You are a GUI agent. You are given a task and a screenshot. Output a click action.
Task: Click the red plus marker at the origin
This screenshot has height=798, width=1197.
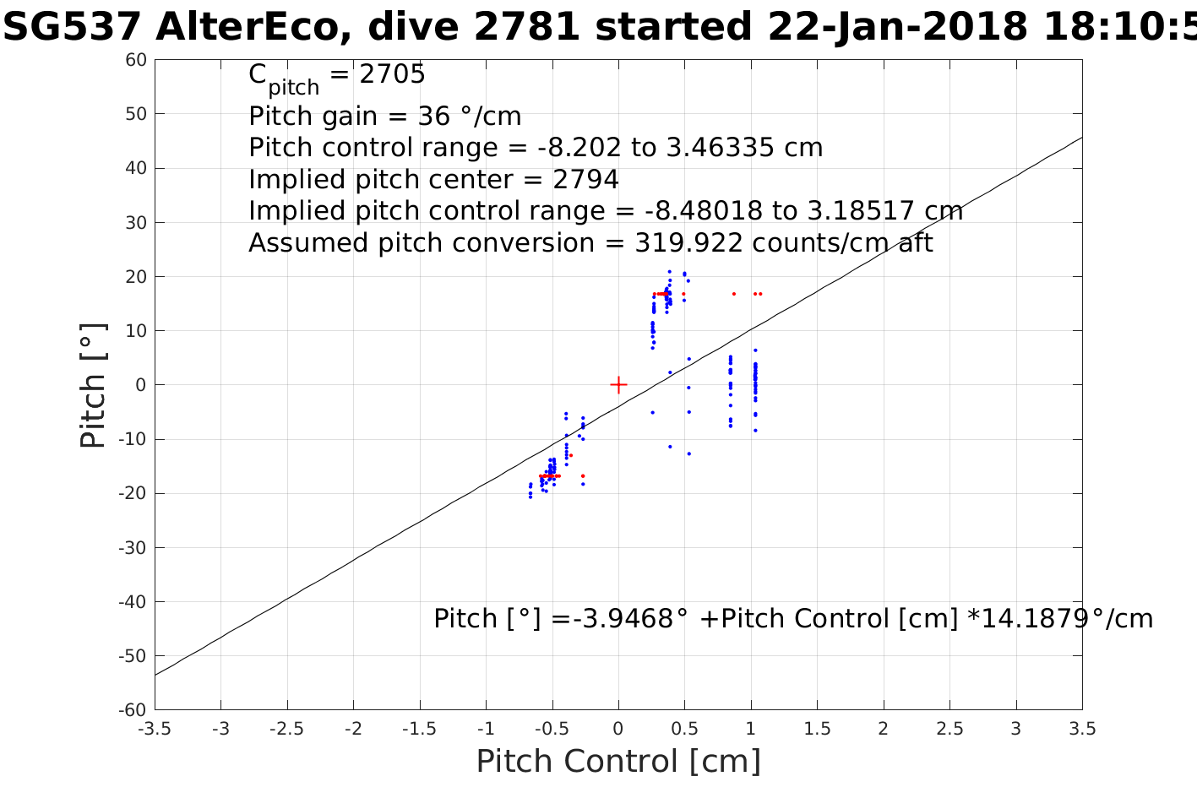tap(618, 385)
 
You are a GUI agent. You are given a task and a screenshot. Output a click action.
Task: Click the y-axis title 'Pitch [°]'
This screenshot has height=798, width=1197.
tap(93, 385)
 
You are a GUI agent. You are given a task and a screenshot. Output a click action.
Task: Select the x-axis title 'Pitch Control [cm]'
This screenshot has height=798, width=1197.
tap(618, 761)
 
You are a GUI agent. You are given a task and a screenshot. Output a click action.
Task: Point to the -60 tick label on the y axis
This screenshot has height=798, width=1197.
tap(133, 710)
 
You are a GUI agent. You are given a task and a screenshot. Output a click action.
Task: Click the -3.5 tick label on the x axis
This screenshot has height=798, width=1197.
tap(155, 729)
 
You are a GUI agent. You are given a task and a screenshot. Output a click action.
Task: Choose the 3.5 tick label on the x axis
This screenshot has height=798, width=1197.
tap(1082, 729)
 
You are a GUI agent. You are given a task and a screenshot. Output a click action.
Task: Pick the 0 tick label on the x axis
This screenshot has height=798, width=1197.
tap(618, 729)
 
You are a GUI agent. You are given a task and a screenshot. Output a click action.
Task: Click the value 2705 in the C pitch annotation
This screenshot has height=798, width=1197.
tap(392, 75)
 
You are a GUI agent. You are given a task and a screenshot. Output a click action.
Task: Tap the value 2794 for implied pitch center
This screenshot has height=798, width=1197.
tap(585, 180)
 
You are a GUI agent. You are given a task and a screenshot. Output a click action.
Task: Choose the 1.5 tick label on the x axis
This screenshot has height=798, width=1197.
tap(817, 729)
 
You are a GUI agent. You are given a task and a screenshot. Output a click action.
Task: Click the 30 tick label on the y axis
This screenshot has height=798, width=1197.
tap(137, 223)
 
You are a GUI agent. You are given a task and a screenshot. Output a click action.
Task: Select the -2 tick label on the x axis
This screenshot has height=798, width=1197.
tap(353, 729)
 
